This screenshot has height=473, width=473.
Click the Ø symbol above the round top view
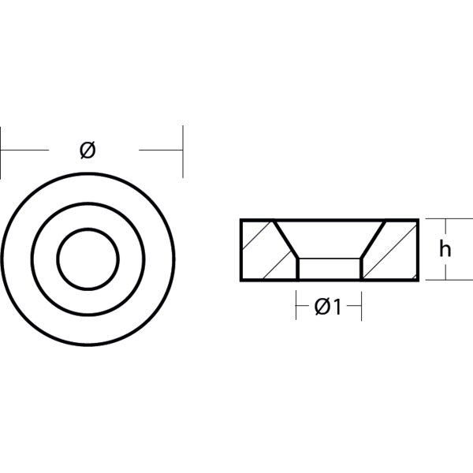[88, 149]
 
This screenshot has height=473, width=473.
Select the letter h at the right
[445, 250]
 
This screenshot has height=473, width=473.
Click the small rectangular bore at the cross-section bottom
[328, 267]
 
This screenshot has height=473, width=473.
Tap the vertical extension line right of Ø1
[360, 304]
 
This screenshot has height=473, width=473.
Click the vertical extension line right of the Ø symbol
[184, 150]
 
